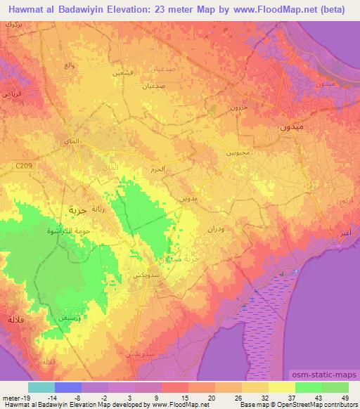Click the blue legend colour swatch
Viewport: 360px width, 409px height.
pos(68,387)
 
